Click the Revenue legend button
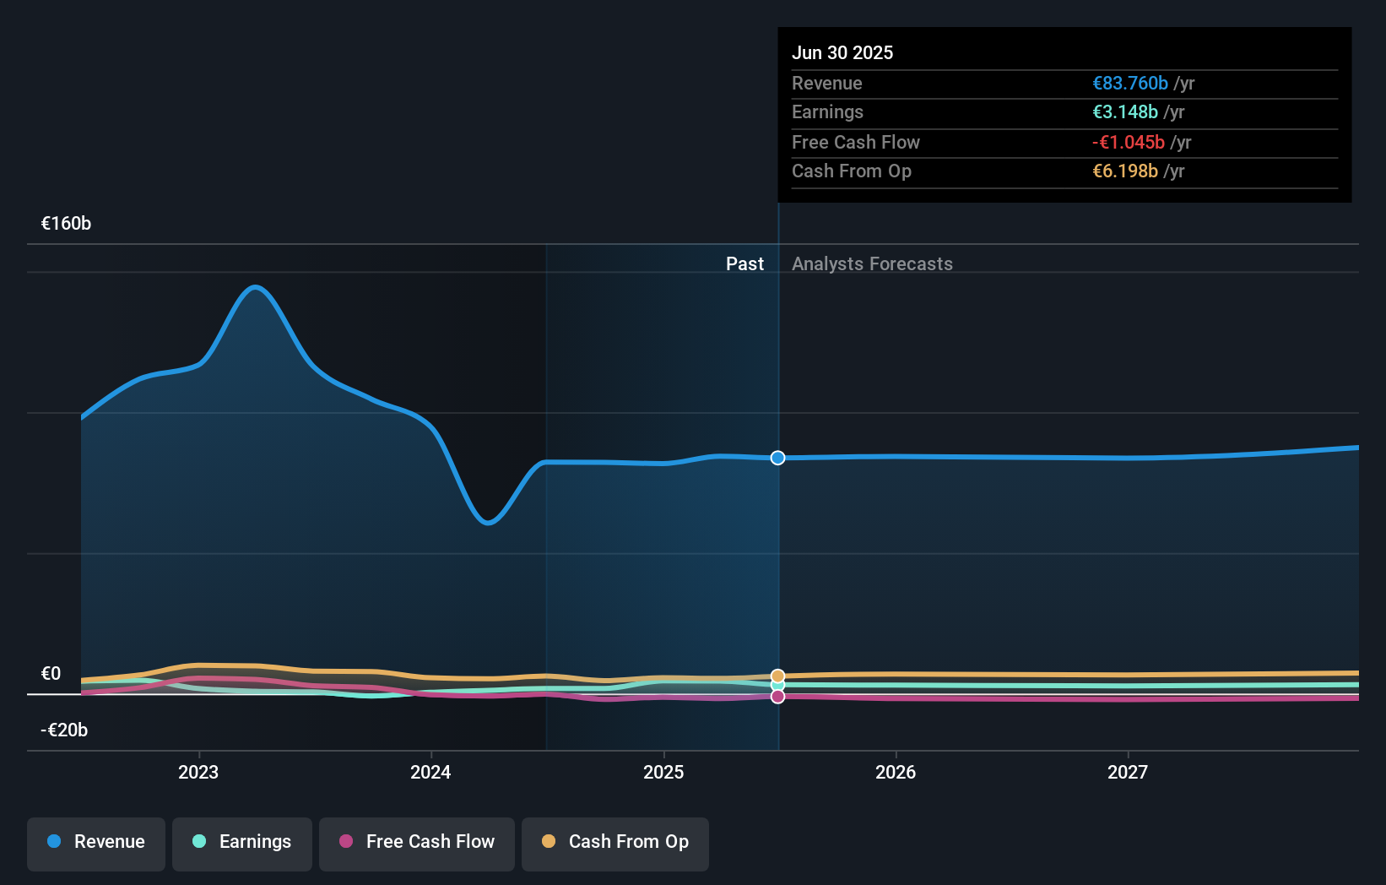click(x=96, y=843)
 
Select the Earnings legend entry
click(x=242, y=843)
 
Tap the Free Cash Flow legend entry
click(x=417, y=843)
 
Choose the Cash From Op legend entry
click(x=615, y=843)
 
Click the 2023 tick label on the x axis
click(x=198, y=773)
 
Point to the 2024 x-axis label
click(x=430, y=773)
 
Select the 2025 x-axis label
click(x=663, y=773)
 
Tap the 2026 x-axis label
click(x=896, y=773)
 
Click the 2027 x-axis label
click(x=1128, y=773)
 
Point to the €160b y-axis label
click(x=66, y=224)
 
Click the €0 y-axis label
click(x=51, y=674)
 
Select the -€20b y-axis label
click(x=64, y=730)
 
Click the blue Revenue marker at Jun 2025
click(x=777, y=458)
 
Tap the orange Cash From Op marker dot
click(x=777, y=676)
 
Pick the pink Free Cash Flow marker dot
click(x=777, y=697)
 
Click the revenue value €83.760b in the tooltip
click(x=1129, y=84)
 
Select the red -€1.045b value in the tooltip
click(x=1128, y=143)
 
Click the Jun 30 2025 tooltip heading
click(x=842, y=53)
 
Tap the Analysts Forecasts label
click(x=872, y=264)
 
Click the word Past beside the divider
click(x=744, y=264)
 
